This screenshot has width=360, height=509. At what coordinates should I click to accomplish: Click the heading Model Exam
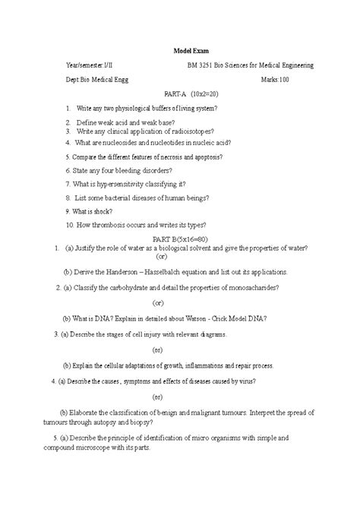179,51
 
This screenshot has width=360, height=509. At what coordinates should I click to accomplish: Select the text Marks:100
275,80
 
